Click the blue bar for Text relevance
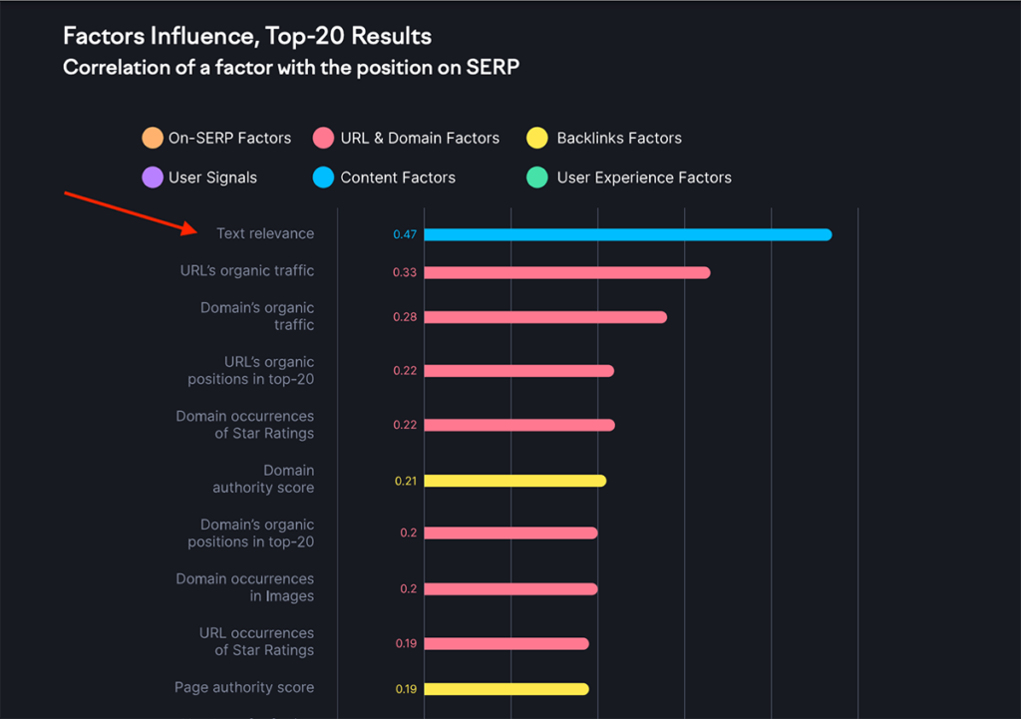pos(628,234)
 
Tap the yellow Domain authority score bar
pos(514,481)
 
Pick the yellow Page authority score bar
pos(506,689)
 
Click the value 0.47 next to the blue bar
pos(405,235)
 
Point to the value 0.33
pos(405,272)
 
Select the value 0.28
pos(405,317)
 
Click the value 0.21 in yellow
pos(405,481)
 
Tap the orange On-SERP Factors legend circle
pos(153,138)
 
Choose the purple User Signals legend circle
pos(153,178)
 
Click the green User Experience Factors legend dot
pos(537,178)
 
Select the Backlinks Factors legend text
pos(619,138)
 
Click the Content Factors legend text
pos(398,178)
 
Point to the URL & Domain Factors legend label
pos(420,138)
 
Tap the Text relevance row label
pos(265,233)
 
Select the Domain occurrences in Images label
pos(245,587)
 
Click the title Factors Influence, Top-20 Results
pos(247,37)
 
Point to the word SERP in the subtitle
pos(495,68)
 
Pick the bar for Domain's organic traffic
pos(544,317)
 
